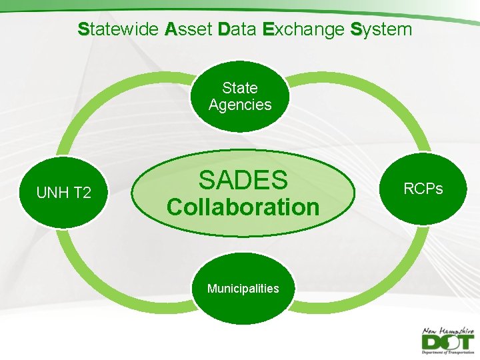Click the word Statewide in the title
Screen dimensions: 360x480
coord(117,29)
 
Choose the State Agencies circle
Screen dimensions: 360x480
coord(240,96)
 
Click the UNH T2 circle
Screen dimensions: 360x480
coord(63,193)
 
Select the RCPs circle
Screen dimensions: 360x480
coord(423,189)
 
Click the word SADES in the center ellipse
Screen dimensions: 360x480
coord(243,180)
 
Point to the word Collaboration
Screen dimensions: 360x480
coord(243,207)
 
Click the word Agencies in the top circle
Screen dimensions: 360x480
coord(240,105)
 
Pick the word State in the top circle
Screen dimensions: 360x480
coord(240,88)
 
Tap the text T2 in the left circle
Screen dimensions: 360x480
coord(82,193)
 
